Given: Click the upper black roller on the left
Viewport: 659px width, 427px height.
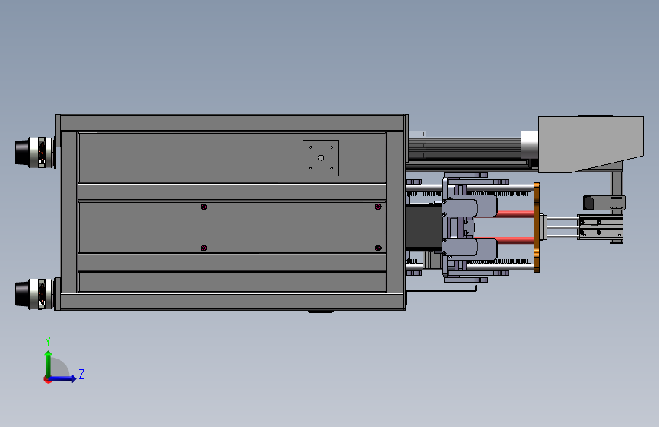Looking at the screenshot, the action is pos(22,152).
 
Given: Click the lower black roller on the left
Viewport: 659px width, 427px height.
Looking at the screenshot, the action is pos(22,294).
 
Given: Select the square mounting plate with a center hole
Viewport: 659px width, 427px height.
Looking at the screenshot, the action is pos(321,158).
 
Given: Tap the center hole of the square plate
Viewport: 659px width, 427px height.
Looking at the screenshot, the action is pos(321,157).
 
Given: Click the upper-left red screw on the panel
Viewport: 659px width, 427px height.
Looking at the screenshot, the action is pos(204,207).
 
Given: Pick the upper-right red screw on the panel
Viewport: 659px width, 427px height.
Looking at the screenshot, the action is pos(378,207).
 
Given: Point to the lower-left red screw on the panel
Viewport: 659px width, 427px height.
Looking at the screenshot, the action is pos(204,248).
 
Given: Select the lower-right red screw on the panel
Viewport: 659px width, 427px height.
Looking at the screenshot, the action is pos(378,248).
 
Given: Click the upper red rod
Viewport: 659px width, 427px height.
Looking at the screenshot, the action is pos(515,214).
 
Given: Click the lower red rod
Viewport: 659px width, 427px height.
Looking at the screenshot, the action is pos(515,241).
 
